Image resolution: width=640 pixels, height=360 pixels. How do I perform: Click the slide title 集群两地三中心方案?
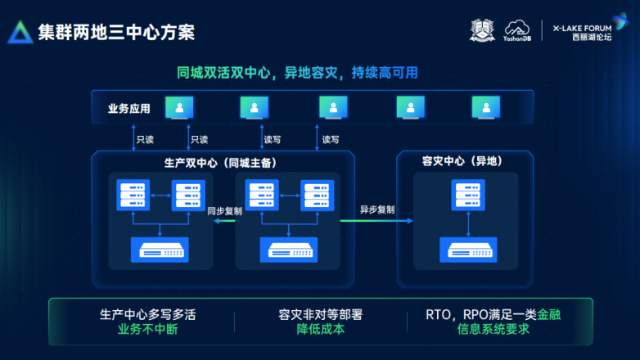pyautogui.click(x=116, y=32)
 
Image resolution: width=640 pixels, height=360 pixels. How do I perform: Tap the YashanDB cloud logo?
pyautogui.click(x=518, y=32)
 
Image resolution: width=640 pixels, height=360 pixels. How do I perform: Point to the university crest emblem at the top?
pyautogui.click(x=483, y=31)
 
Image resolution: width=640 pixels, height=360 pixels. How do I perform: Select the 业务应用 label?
pyautogui.click(x=129, y=108)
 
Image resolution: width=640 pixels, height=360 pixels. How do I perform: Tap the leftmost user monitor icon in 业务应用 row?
pyautogui.click(x=179, y=107)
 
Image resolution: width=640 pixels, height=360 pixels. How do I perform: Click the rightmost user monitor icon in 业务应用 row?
pyautogui.click(x=485, y=107)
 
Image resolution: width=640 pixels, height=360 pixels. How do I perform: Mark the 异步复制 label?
pyautogui.click(x=376, y=210)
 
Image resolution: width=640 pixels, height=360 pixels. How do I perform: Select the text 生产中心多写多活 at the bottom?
pyautogui.click(x=147, y=314)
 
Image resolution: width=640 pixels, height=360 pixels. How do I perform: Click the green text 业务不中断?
pyautogui.click(x=147, y=330)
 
